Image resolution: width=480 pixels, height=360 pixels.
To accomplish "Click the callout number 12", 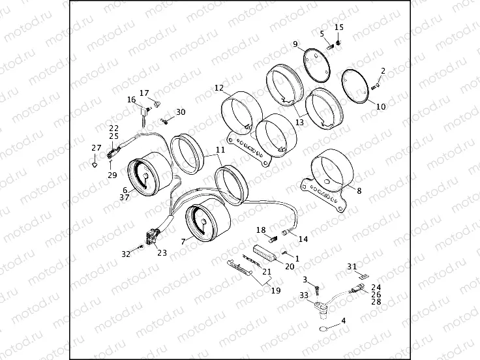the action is [219, 88].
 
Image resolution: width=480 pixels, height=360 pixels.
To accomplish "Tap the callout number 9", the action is [295, 44].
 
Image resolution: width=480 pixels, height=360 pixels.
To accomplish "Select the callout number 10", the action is [381, 106].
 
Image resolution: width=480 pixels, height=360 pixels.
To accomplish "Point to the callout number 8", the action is [359, 190].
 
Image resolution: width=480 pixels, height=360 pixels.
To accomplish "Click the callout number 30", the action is [181, 112].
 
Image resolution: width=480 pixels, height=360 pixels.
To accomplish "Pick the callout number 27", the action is [97, 148].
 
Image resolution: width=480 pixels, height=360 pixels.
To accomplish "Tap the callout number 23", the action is [162, 252].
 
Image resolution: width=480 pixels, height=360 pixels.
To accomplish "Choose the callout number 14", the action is [303, 239].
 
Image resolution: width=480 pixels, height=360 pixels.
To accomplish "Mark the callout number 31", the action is [352, 267].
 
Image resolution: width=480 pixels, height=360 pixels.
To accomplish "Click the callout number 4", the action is [344, 321].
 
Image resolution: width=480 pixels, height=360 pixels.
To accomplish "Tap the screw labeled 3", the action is [317, 290].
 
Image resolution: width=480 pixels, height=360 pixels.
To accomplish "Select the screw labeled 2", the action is [376, 87].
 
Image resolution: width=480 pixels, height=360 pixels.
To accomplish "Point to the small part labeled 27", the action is [95, 164].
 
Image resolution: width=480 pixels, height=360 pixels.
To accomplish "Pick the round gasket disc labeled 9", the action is [316, 66].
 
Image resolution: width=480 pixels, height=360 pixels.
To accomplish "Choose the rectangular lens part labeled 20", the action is [265, 254].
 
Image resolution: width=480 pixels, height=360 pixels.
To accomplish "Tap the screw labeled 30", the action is [164, 121].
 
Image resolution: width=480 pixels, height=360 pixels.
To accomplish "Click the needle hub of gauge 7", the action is [203, 222].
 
